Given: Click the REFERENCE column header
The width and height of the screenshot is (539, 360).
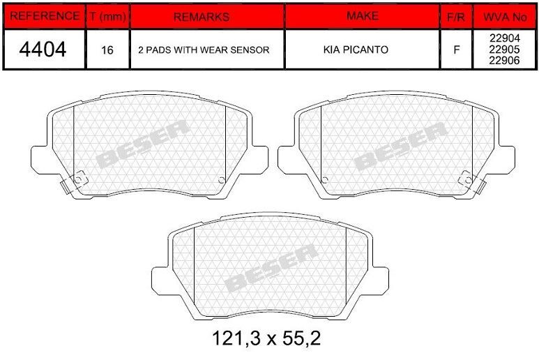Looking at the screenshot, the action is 45,16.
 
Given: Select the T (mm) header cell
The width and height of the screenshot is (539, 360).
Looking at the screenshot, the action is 107,16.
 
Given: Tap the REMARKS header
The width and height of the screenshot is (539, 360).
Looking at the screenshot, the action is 202,17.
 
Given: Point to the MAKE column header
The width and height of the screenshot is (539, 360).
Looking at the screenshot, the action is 363,16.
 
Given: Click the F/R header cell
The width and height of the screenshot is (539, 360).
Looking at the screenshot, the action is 456,17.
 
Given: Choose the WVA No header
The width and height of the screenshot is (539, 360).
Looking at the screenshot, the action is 505,17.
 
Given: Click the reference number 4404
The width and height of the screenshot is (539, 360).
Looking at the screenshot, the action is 43,49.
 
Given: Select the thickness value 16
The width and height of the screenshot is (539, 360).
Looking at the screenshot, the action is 107,50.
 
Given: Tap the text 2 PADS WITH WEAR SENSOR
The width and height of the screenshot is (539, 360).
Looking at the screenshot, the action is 204,50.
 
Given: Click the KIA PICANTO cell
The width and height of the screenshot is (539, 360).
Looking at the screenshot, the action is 356,50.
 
